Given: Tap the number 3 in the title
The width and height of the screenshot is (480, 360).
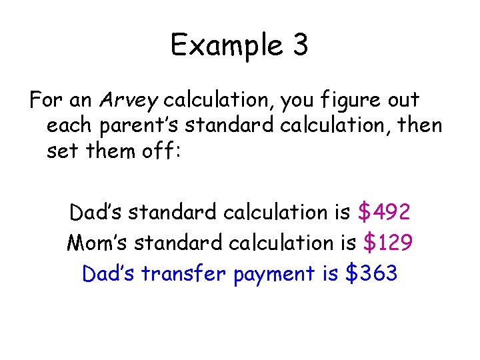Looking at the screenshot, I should pyautogui.click(x=300, y=45).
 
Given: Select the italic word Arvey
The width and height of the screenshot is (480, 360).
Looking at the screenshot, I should pyautogui.click(x=129, y=101).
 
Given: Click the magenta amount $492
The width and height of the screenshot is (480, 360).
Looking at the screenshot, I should pyautogui.click(x=384, y=212).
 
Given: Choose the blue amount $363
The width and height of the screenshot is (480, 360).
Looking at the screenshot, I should pyautogui.click(x=372, y=273).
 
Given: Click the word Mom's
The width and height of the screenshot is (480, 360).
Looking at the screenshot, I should pyautogui.click(x=97, y=243).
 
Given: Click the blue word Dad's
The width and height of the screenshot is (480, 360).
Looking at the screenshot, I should pyautogui.click(x=107, y=273).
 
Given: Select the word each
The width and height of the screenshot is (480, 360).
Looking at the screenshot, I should pyautogui.click(x=66, y=126).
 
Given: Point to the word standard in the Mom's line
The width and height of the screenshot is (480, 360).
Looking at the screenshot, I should pyautogui.click(x=176, y=243).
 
